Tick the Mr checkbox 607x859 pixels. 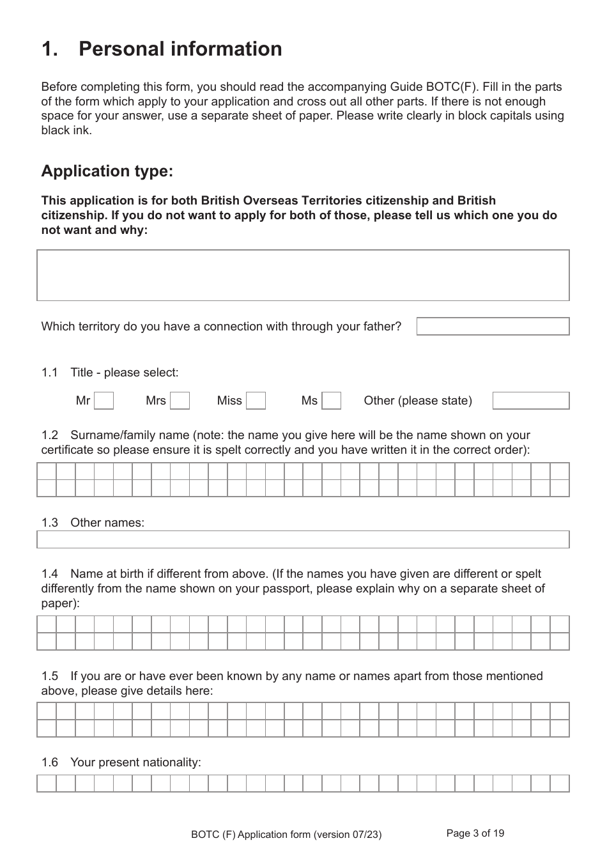(x=104, y=401)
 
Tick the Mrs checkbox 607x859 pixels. (x=180, y=401)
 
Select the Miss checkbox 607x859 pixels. (x=256, y=401)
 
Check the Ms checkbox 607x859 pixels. (x=331, y=401)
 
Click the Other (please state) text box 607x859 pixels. (x=530, y=401)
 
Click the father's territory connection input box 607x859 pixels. (x=493, y=326)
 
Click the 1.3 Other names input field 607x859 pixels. (x=303, y=539)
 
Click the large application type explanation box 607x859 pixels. (x=303, y=275)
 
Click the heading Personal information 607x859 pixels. (x=180, y=49)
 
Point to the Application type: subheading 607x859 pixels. (x=107, y=171)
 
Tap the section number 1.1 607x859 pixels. (x=50, y=373)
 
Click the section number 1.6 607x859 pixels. (x=50, y=762)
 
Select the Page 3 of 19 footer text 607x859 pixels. (x=475, y=833)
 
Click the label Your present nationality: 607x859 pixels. (x=135, y=762)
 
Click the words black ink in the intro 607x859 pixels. (x=66, y=130)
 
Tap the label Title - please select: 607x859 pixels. (x=125, y=373)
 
